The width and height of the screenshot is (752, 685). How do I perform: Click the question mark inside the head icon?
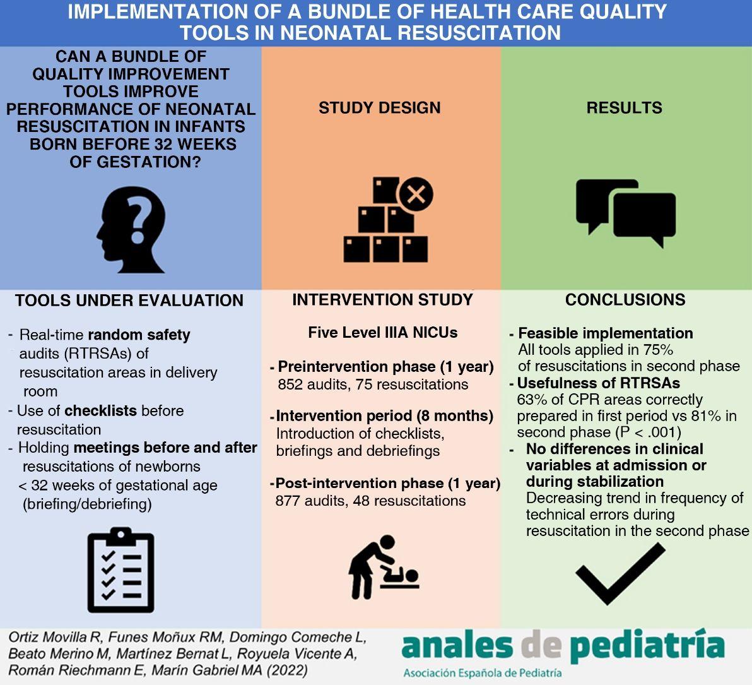138,221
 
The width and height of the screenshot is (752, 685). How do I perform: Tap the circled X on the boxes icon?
416,194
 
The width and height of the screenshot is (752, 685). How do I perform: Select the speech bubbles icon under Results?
625,213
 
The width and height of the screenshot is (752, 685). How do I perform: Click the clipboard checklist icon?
121,570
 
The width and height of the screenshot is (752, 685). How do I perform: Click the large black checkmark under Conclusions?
621,573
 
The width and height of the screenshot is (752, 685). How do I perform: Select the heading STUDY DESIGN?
379,107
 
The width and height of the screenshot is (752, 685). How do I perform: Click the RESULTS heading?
624,107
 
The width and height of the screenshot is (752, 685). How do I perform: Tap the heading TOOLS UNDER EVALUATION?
129,301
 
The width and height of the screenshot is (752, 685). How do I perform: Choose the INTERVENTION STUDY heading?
383,299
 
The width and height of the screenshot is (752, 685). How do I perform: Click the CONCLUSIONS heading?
625,299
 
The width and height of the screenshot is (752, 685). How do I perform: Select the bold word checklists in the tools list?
101,411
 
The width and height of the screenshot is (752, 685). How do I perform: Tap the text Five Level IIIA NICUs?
383,333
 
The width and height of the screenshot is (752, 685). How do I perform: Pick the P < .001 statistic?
647,432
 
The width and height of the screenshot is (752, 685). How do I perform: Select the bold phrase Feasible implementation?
605,333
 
